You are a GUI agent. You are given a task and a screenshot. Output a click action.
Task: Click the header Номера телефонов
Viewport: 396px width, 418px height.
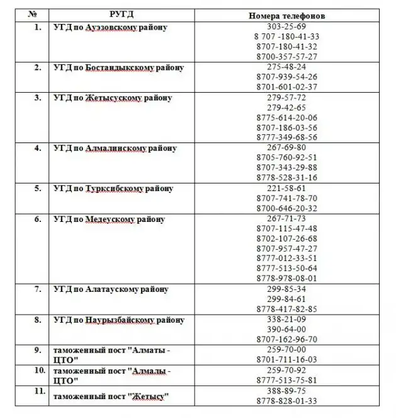pos(286,15)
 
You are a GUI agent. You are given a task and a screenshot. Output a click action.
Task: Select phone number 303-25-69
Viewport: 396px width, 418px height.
pos(286,26)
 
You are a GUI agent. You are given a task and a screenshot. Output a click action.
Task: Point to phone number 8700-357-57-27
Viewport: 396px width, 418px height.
pos(286,57)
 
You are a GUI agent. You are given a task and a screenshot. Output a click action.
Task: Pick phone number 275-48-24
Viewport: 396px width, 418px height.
pos(286,67)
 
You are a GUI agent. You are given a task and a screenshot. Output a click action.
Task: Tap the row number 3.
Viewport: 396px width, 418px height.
pos(38,98)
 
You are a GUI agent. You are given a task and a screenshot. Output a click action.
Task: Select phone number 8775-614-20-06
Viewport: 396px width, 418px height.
pos(286,117)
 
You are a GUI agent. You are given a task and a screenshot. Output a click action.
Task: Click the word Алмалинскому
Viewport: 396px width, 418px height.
pos(116,148)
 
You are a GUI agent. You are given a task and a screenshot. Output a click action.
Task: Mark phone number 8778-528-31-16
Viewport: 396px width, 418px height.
pos(286,178)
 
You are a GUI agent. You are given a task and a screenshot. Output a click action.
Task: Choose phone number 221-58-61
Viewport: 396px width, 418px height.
pos(286,188)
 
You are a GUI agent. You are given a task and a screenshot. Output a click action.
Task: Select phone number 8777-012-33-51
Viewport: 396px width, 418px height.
pos(286,258)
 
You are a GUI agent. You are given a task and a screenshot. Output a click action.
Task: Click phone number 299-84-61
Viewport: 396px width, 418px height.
pos(286,299)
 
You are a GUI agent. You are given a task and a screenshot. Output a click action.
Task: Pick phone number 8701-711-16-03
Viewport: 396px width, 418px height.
pos(286,359)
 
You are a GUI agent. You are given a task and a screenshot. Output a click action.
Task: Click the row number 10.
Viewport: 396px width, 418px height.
pos(39,370)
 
